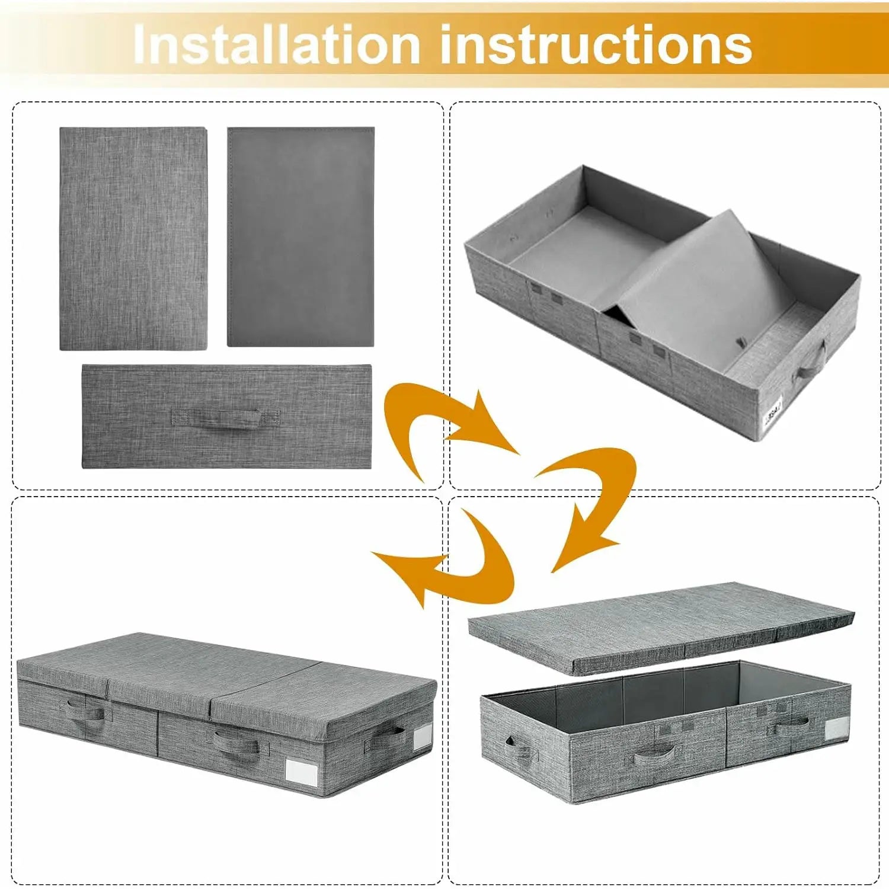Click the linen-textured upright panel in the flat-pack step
click(133, 238)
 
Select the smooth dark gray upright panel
click(301, 236)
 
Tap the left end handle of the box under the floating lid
click(519, 748)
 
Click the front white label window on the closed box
click(302, 770)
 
